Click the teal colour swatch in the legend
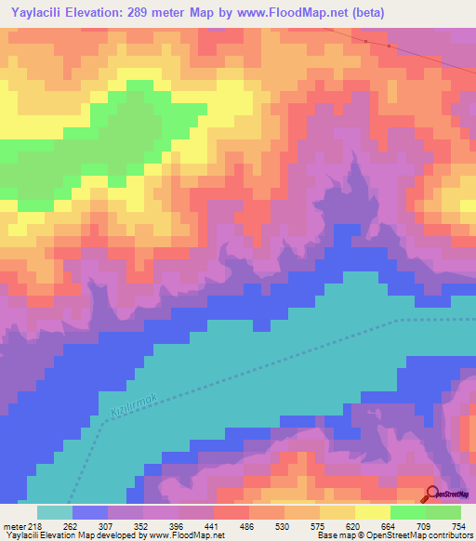(x=55, y=512)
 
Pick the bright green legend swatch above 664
(x=408, y=512)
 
